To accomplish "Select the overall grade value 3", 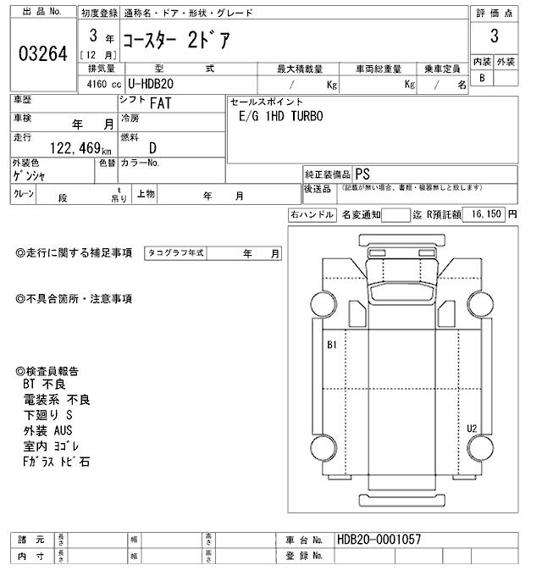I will click(494, 37).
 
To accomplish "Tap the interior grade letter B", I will click(482, 78).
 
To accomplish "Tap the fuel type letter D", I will click(152, 147).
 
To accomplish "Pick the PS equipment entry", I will click(362, 171).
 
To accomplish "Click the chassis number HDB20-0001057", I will click(379, 540).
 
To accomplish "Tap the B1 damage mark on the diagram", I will click(332, 345).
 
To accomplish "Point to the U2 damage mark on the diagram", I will click(472, 428).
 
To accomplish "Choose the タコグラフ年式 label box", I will click(176, 252).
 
